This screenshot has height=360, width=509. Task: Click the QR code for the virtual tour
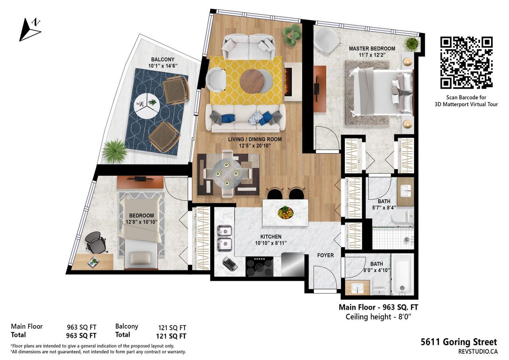(x=466, y=62)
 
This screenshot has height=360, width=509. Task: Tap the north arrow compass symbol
(x=30, y=30)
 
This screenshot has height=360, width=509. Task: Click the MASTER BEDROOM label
(x=372, y=49)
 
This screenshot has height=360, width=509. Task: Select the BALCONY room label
(x=163, y=60)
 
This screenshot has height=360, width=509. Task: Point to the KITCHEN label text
(x=271, y=237)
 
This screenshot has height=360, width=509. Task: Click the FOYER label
(x=325, y=255)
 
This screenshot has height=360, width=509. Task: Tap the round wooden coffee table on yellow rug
(x=252, y=82)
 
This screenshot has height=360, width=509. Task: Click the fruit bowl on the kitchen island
(x=286, y=213)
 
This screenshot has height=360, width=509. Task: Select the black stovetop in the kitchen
(x=260, y=267)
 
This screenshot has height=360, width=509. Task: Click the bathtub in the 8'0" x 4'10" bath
(x=403, y=275)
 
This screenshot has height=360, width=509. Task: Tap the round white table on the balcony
(x=147, y=105)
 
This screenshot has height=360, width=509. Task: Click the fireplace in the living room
(x=293, y=82)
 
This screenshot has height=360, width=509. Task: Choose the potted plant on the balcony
(x=115, y=151)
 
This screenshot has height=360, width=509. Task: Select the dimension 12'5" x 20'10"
(x=255, y=146)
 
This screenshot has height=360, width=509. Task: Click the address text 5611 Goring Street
(x=459, y=342)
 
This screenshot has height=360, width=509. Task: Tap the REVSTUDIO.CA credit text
(x=478, y=351)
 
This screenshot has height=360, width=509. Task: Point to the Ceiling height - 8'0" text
(x=379, y=317)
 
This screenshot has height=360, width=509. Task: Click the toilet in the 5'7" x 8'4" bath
(x=402, y=216)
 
